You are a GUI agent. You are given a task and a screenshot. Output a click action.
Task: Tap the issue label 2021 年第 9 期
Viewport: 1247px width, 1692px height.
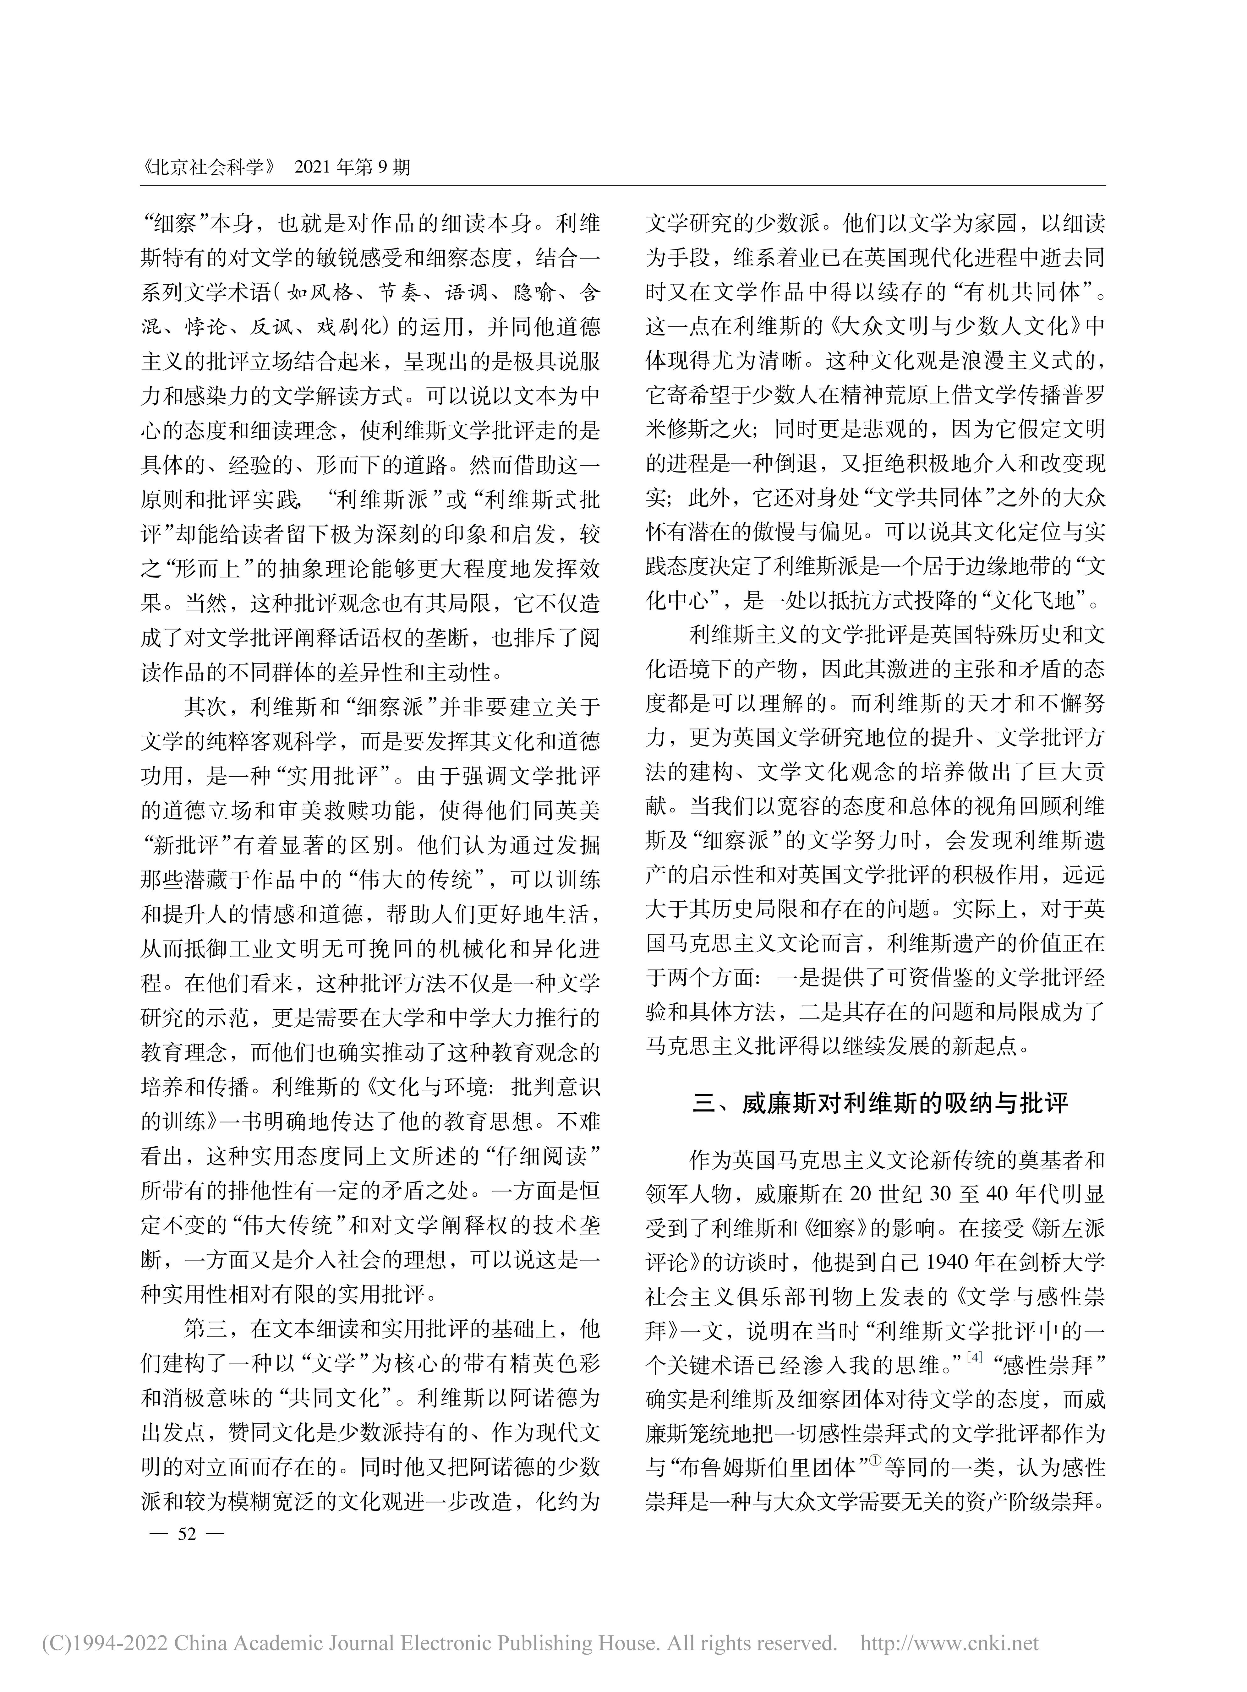click(353, 167)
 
